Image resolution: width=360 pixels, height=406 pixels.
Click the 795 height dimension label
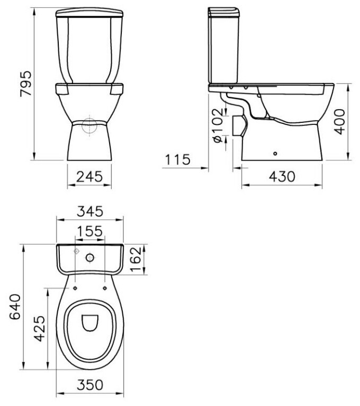[26, 84]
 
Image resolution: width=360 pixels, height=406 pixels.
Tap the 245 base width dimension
[89, 177]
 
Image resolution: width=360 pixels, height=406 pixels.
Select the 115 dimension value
[178, 159]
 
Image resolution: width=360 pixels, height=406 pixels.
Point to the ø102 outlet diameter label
[217, 125]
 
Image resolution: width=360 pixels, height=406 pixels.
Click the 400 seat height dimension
[339, 121]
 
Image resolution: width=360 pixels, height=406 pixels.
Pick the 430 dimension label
[282, 177]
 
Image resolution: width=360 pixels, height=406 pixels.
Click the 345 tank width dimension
[90, 211]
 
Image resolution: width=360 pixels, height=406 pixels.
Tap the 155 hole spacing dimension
[90, 231]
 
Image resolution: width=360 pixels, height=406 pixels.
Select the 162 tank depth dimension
[136, 259]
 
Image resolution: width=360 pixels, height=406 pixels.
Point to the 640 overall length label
[15, 307]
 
